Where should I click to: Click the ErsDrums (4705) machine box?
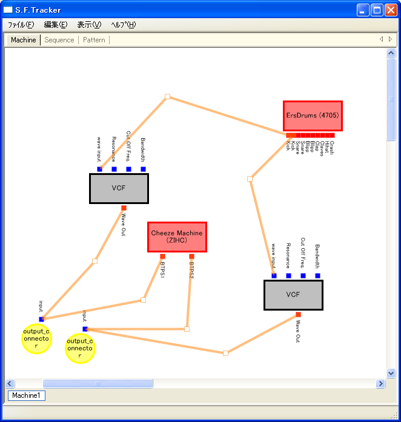tap(313, 116)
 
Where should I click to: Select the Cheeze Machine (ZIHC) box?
tap(177, 237)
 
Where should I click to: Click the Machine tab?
tap(24, 40)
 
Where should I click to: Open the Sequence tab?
tap(59, 40)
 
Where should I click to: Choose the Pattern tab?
tap(94, 40)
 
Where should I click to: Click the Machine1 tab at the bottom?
tap(26, 395)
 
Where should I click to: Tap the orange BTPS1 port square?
tap(162, 256)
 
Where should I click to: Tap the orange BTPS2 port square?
tap(191, 256)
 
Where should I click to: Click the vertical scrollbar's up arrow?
tap(391, 53)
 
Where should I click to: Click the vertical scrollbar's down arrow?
tap(391, 374)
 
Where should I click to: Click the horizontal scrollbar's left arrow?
tap(10, 383)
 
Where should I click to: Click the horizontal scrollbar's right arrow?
tap(381, 383)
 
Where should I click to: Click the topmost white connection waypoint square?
tap(167, 96)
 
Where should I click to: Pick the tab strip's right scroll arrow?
tap(390, 39)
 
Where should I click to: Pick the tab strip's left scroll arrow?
tap(382, 39)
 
